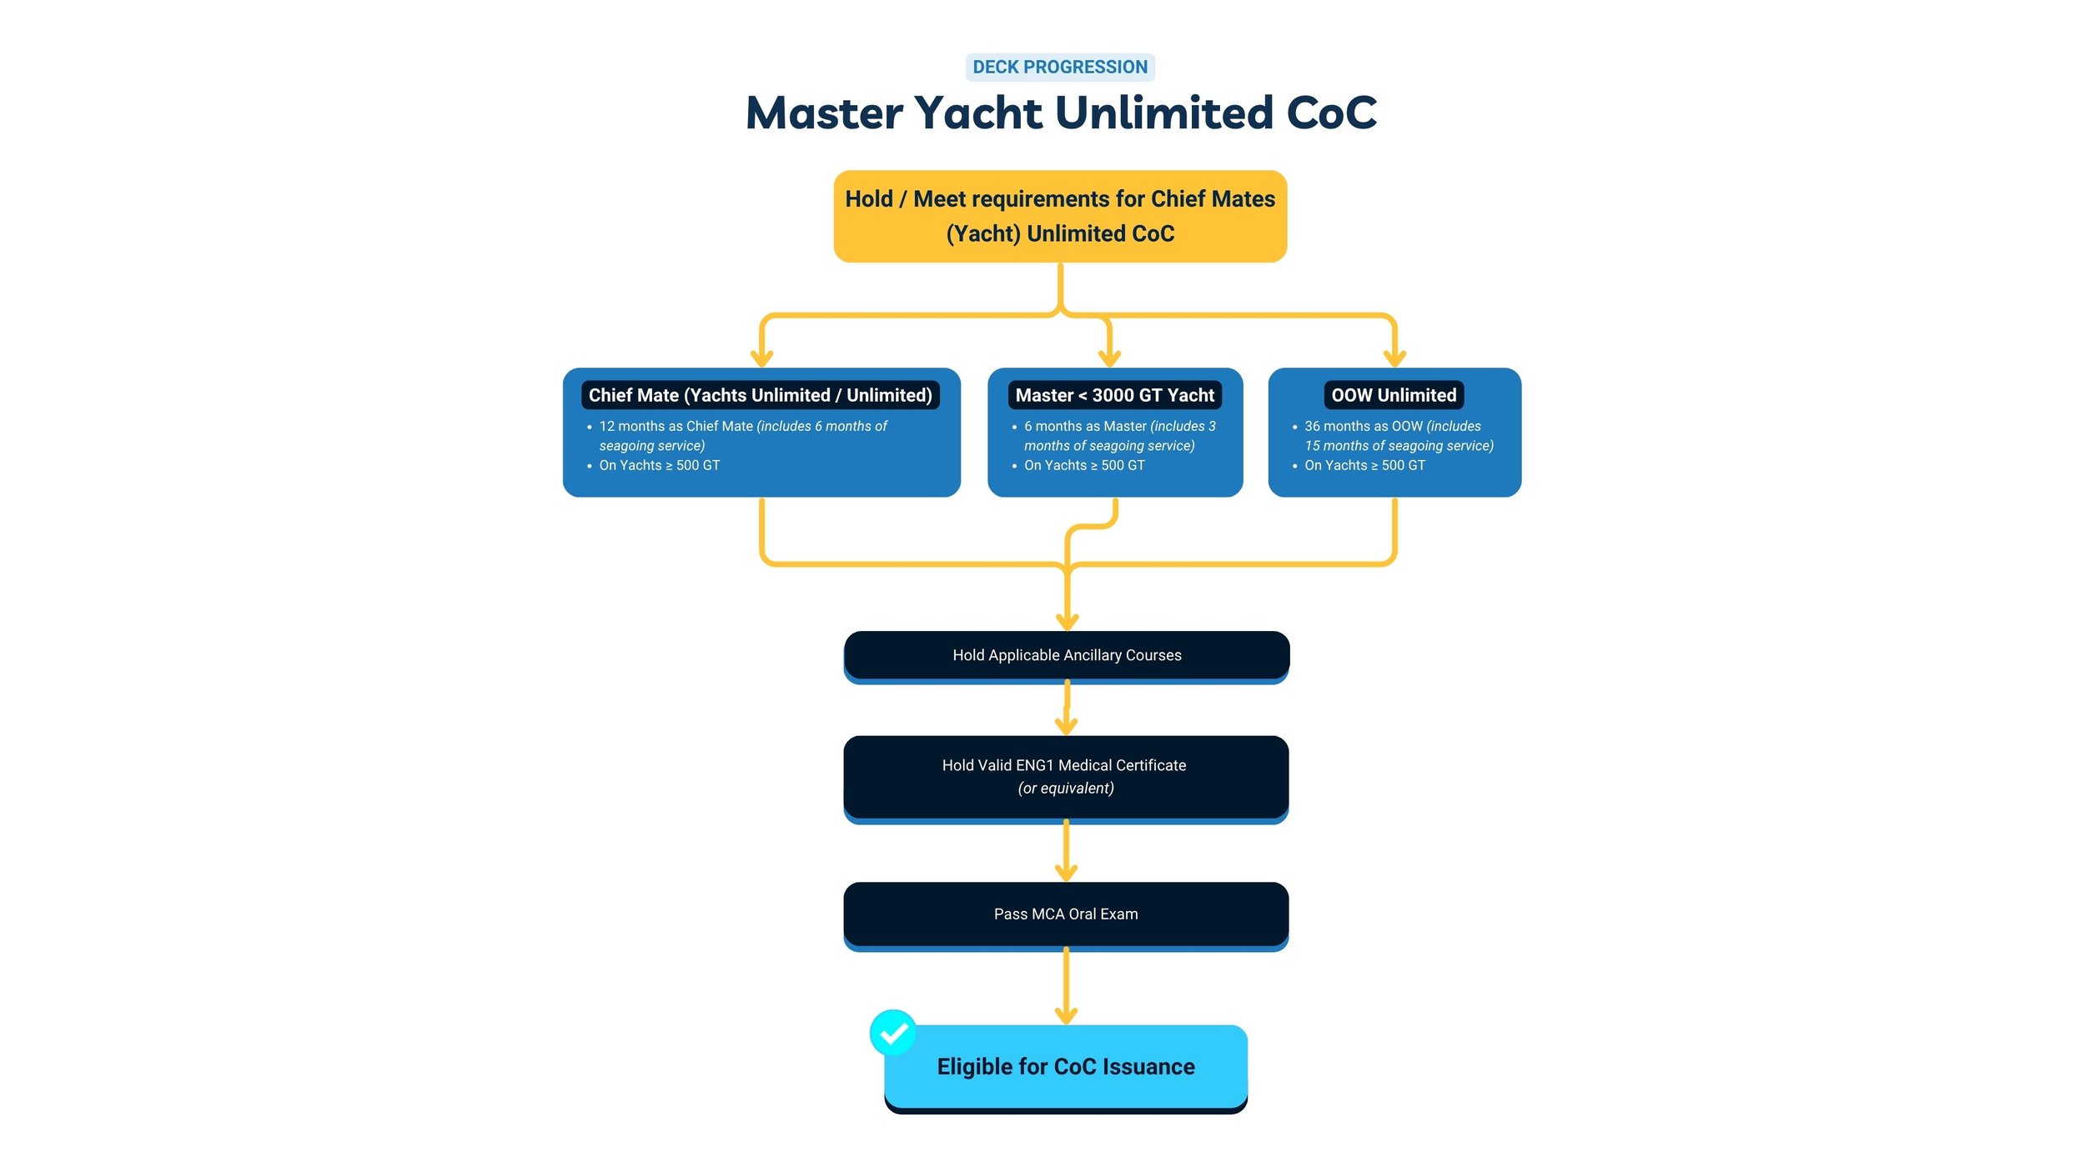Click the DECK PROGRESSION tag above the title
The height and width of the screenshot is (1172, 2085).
tap(1059, 67)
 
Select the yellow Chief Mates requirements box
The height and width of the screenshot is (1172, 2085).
tap(1059, 216)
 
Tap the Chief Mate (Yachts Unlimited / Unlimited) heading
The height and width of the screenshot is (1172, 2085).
tap(760, 395)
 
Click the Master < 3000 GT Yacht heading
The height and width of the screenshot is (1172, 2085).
tap(1114, 395)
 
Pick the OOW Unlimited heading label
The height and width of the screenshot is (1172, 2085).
tap(1393, 395)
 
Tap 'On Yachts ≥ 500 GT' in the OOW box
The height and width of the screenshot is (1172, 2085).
tap(1364, 465)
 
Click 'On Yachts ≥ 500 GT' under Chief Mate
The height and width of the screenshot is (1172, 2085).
tap(659, 465)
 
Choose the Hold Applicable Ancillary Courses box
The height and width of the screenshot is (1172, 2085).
tap(1066, 655)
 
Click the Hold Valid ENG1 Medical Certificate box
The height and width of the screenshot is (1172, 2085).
tap(1065, 775)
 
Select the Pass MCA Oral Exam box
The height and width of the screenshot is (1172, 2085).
tap(1065, 914)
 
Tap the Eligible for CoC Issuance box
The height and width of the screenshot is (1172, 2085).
tap(1065, 1066)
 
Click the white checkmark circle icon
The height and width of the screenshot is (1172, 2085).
tap(892, 1033)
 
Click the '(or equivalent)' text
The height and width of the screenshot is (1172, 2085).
tap(1065, 788)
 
